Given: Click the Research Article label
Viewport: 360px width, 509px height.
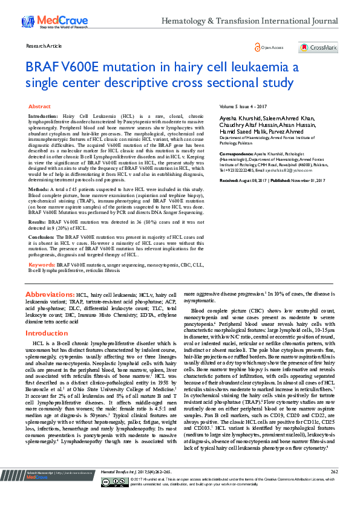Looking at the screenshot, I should (44, 46).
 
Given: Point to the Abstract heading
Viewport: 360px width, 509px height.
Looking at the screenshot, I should (39, 106).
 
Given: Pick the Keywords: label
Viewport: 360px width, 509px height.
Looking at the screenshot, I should (42, 264).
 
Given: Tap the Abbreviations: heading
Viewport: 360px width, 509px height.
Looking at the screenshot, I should (50, 294).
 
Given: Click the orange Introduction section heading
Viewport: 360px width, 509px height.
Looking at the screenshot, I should (51, 333).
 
